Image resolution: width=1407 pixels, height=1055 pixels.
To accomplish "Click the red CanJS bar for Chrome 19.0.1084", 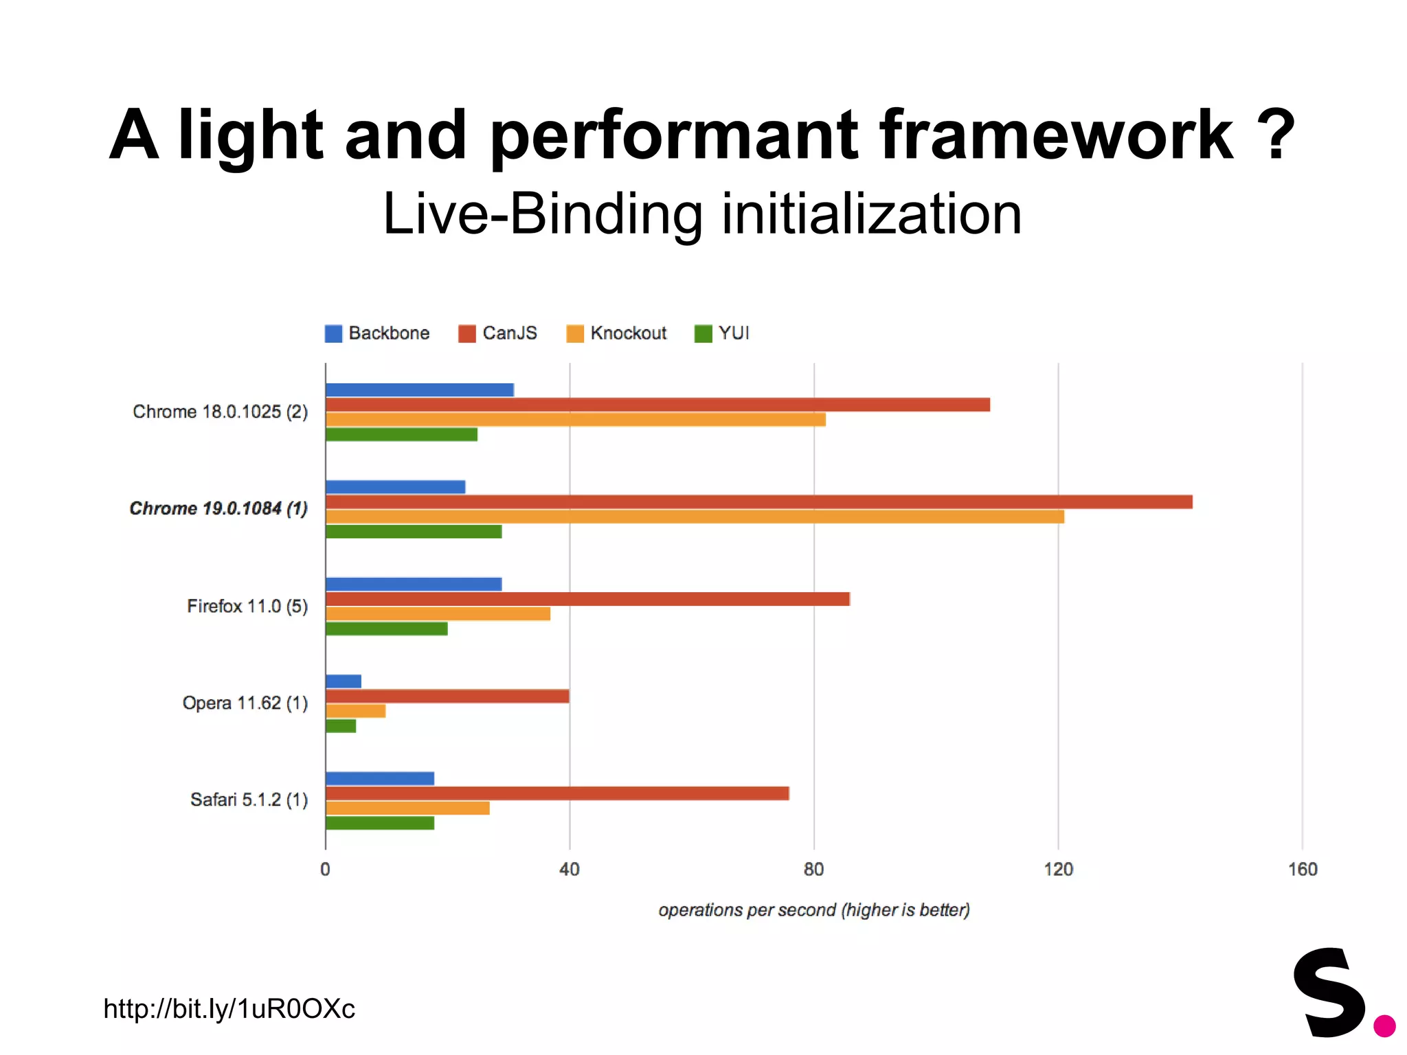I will pos(758,501).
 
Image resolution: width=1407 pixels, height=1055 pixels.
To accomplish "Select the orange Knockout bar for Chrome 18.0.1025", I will pos(575,419).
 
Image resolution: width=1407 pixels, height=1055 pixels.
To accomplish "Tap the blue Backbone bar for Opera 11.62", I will pos(343,681).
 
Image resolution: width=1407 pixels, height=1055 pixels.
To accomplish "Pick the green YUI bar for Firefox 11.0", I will pos(386,628).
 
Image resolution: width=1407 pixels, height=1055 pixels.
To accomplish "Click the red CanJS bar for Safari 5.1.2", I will pos(556,793).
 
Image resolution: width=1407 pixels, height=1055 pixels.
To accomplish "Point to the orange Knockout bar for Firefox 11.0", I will pos(438,613).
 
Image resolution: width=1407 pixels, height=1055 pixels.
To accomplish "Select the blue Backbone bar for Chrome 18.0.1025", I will pos(419,389).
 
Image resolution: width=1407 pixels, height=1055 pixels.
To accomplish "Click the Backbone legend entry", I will pos(377,333).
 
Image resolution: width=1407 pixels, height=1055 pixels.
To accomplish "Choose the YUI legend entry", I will pos(722,333).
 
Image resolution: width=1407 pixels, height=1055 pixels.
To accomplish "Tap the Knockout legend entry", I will pos(616,333).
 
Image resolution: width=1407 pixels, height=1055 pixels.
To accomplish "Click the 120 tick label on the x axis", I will pos(1058,870).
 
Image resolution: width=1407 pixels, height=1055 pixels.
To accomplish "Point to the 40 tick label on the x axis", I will pos(569,870).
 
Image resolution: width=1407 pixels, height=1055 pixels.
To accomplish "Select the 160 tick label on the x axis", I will pos(1302,870).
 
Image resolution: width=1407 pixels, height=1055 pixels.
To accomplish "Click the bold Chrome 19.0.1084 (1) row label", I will pos(218,508).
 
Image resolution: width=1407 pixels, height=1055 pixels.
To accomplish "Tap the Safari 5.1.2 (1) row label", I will pos(249,799).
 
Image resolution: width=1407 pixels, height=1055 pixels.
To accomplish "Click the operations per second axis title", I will pos(813,910).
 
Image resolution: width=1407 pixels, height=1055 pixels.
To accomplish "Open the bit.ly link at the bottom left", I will pos(229,1008).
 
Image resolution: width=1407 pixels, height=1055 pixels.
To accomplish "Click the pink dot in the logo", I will pos(1384,1025).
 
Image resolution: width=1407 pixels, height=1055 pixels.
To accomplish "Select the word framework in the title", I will pos(1056,135).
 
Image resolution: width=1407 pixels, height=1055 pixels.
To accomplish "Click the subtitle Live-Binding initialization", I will pos(702,214).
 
